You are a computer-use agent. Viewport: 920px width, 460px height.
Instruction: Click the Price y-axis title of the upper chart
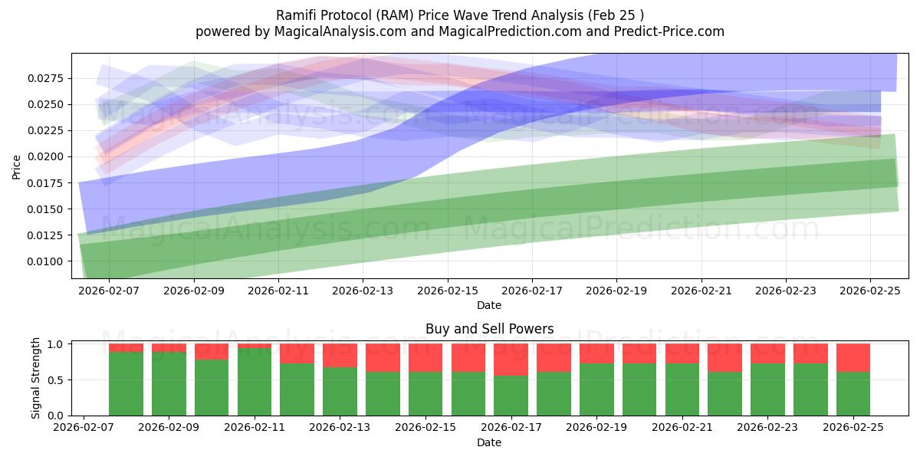click(x=17, y=167)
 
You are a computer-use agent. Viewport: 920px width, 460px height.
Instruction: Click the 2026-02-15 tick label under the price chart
click(x=448, y=291)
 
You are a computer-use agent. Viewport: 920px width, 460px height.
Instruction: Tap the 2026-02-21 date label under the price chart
click(x=701, y=291)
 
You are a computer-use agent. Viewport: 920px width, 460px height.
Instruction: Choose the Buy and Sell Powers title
click(x=489, y=329)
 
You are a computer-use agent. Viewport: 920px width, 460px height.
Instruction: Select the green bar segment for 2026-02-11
click(x=255, y=382)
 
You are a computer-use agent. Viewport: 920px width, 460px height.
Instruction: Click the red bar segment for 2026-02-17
click(x=511, y=360)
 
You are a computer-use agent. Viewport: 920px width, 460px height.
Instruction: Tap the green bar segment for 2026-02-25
click(x=853, y=393)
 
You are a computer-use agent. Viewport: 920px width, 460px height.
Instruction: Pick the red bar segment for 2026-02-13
click(x=340, y=356)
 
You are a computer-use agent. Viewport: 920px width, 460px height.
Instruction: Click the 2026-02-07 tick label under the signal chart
click(x=83, y=428)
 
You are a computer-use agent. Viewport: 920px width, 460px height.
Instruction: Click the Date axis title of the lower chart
click(x=489, y=442)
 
